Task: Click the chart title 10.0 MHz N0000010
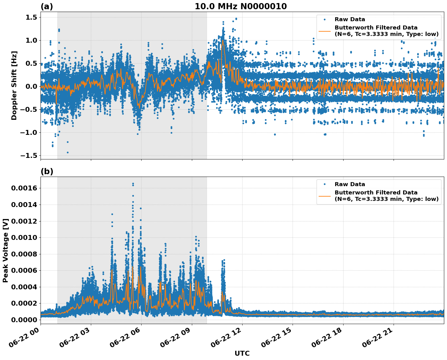(241, 6)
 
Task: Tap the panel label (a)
(47, 6)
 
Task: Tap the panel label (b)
(47, 171)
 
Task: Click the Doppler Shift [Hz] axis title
(14, 85)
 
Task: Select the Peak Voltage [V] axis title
(6, 250)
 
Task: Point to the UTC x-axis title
(242, 353)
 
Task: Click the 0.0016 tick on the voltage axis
(24, 188)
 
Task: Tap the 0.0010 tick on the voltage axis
(24, 237)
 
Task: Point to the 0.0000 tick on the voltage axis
(24, 320)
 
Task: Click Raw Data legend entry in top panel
(350, 19)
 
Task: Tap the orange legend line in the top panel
(325, 31)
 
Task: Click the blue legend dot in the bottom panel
(325, 184)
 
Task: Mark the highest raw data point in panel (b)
(133, 184)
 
